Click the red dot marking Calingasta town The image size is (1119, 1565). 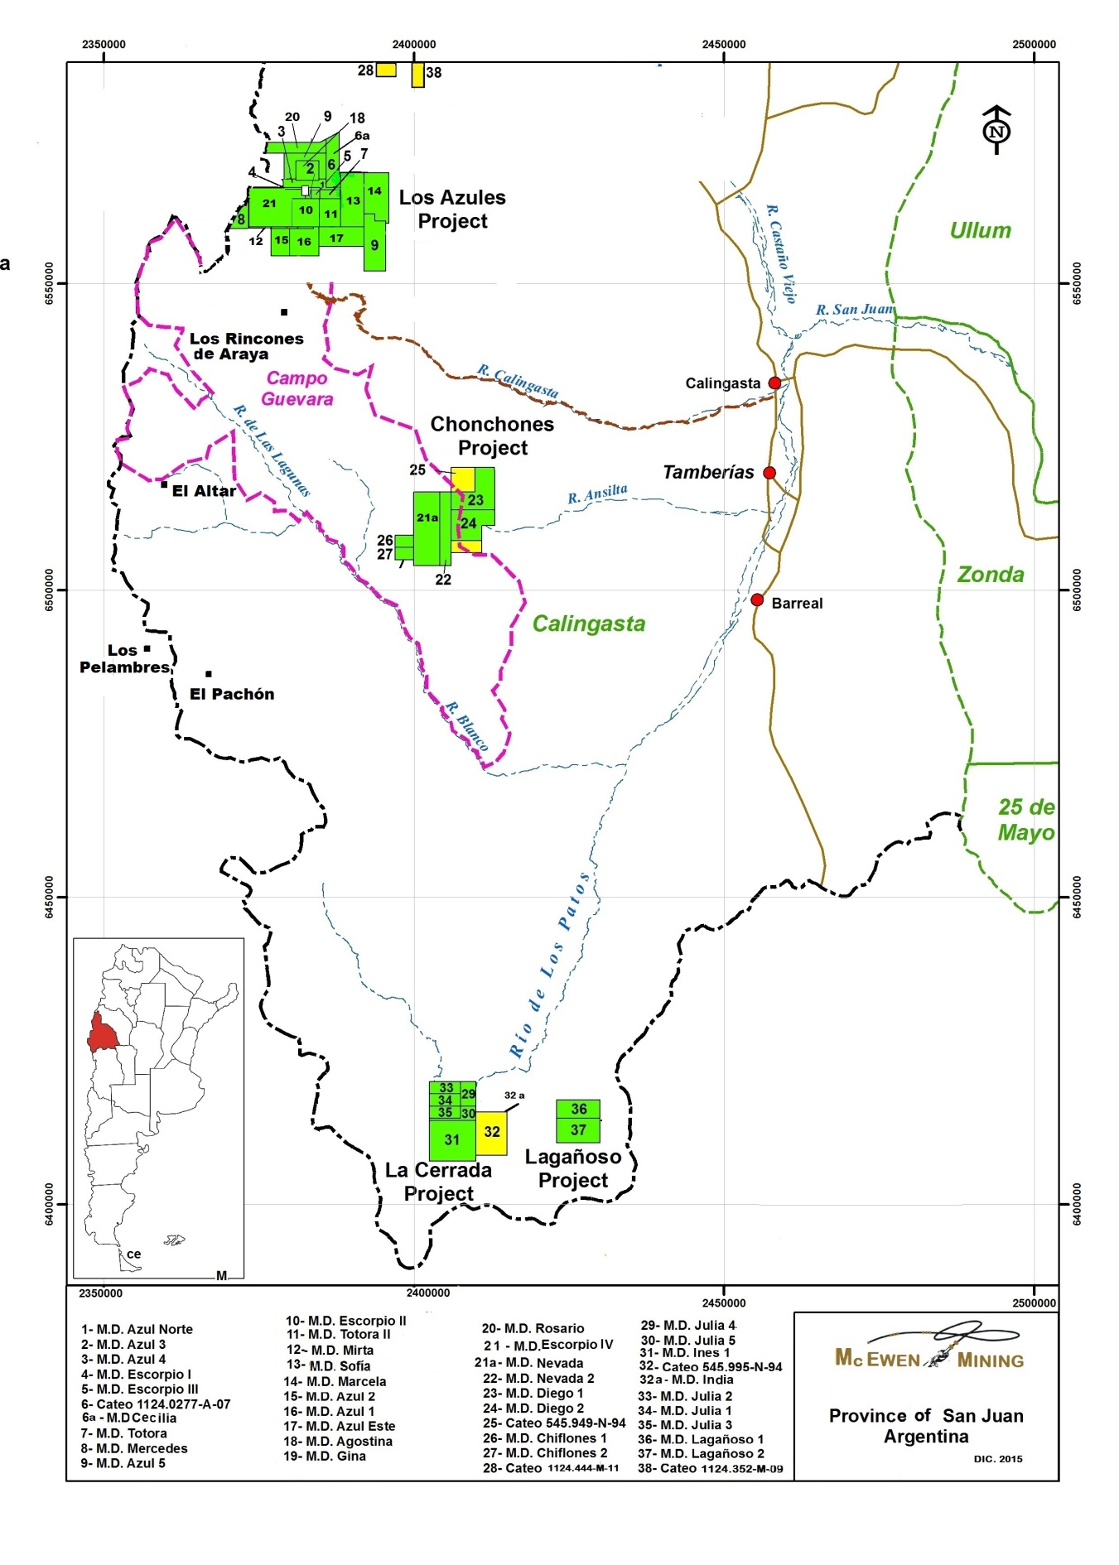pyautogui.click(x=774, y=383)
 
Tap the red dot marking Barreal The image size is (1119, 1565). pyautogui.click(x=757, y=600)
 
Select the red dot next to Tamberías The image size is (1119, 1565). pyautogui.click(x=769, y=473)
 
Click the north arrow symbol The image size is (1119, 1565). pyautogui.click(x=996, y=130)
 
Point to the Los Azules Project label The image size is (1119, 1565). pyautogui.click(x=452, y=209)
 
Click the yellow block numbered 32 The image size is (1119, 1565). pyautogui.click(x=491, y=1132)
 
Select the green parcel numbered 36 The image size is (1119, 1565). pyautogui.click(x=578, y=1109)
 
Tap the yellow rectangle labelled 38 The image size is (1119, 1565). pyautogui.click(x=418, y=75)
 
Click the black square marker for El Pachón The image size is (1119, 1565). pyautogui.click(x=209, y=674)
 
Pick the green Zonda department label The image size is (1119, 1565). pyautogui.click(x=991, y=575)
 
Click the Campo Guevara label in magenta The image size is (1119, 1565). pyautogui.click(x=297, y=388)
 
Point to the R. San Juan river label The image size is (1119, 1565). pyautogui.click(x=855, y=310)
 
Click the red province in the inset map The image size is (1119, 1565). pyautogui.click(x=104, y=1031)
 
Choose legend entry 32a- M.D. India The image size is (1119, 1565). pyautogui.click(x=686, y=1380)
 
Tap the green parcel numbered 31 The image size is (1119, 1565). pyautogui.click(x=451, y=1140)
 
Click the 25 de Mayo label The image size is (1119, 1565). pyautogui.click(x=1025, y=820)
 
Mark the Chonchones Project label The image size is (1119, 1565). pyautogui.click(x=492, y=436)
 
